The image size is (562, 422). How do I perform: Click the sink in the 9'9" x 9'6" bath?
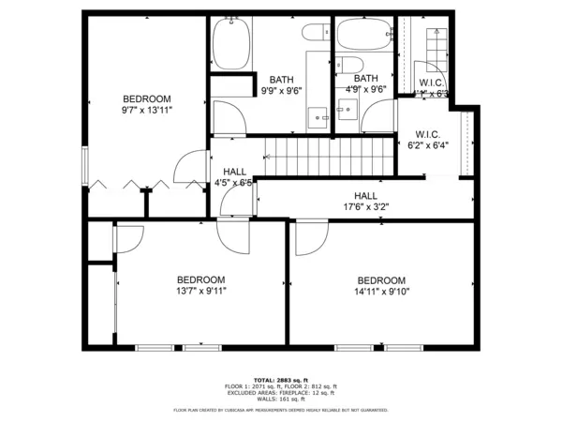318,118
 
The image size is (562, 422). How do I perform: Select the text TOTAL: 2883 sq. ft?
280,379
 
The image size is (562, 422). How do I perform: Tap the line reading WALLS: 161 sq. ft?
280,399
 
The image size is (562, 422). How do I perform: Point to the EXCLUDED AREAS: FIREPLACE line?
280,393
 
